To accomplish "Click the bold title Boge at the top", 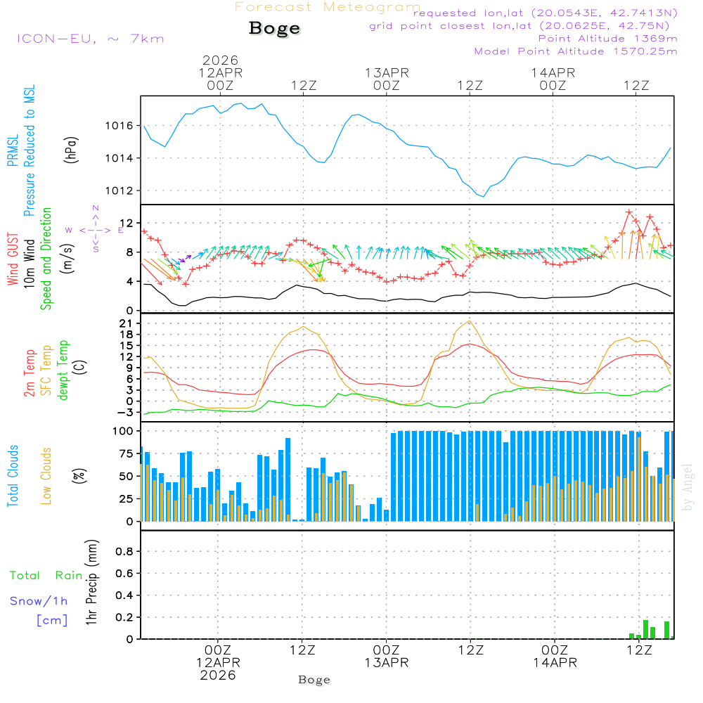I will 274,29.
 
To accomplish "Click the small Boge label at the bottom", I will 314,680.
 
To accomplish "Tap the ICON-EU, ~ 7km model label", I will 90,38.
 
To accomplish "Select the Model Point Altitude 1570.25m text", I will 576,51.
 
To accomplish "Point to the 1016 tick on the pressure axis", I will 119,126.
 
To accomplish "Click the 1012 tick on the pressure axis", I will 119,191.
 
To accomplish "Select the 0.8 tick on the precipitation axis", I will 124,551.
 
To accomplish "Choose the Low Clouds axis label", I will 46,475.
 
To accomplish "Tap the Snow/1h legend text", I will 39,601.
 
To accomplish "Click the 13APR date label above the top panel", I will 387,72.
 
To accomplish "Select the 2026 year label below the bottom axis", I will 218,675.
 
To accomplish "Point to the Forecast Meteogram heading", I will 328,8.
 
